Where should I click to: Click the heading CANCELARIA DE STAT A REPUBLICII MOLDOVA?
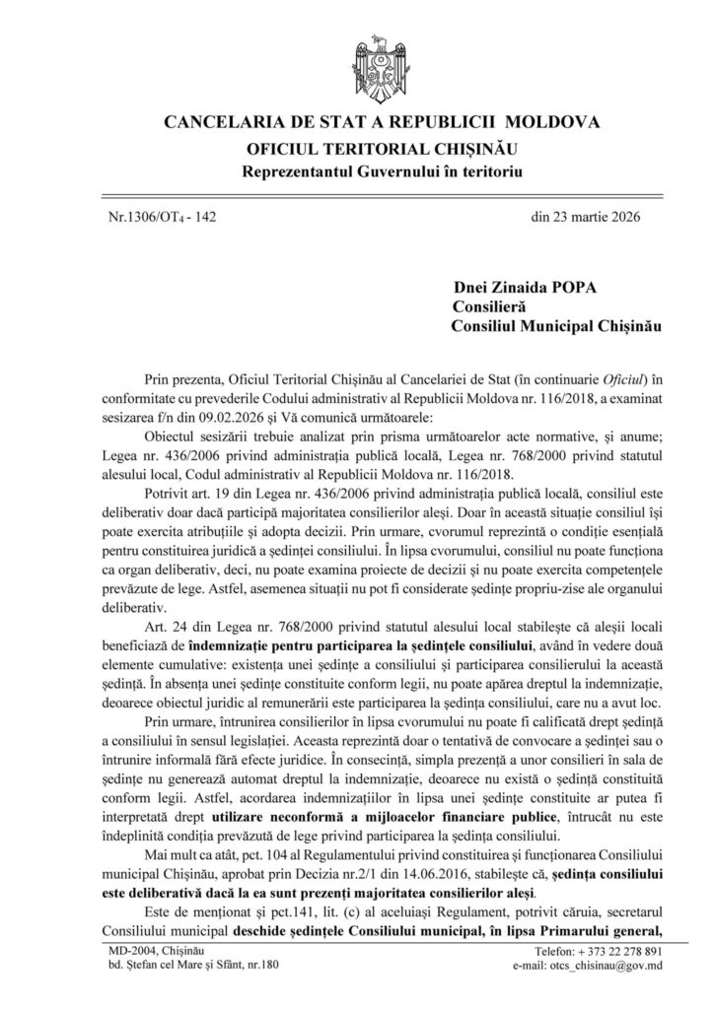coord(356,126)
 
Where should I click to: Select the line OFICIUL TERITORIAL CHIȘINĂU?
coord(356,150)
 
